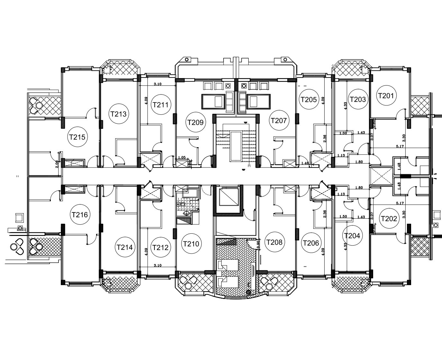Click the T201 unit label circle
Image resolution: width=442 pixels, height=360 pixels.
(x=386, y=95)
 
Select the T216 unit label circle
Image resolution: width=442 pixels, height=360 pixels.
(x=80, y=215)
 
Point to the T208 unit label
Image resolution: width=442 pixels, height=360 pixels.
(x=274, y=242)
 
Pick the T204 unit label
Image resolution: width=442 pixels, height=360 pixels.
(x=352, y=236)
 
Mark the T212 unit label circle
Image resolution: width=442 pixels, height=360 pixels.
(x=161, y=248)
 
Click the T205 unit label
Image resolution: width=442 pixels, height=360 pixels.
(x=308, y=100)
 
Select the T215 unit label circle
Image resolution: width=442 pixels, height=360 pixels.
(x=77, y=137)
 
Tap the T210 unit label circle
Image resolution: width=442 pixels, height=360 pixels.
(x=191, y=244)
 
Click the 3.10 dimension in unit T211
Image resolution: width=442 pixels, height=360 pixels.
(x=158, y=84)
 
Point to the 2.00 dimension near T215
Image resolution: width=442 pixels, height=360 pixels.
(x=57, y=164)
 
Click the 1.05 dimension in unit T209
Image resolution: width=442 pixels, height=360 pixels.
(x=182, y=157)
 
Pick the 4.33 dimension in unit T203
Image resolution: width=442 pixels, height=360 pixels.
(x=345, y=106)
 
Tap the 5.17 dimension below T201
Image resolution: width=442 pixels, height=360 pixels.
(x=400, y=146)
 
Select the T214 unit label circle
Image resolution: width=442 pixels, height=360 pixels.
(x=124, y=248)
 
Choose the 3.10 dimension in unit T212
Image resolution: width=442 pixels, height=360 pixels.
(x=158, y=265)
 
